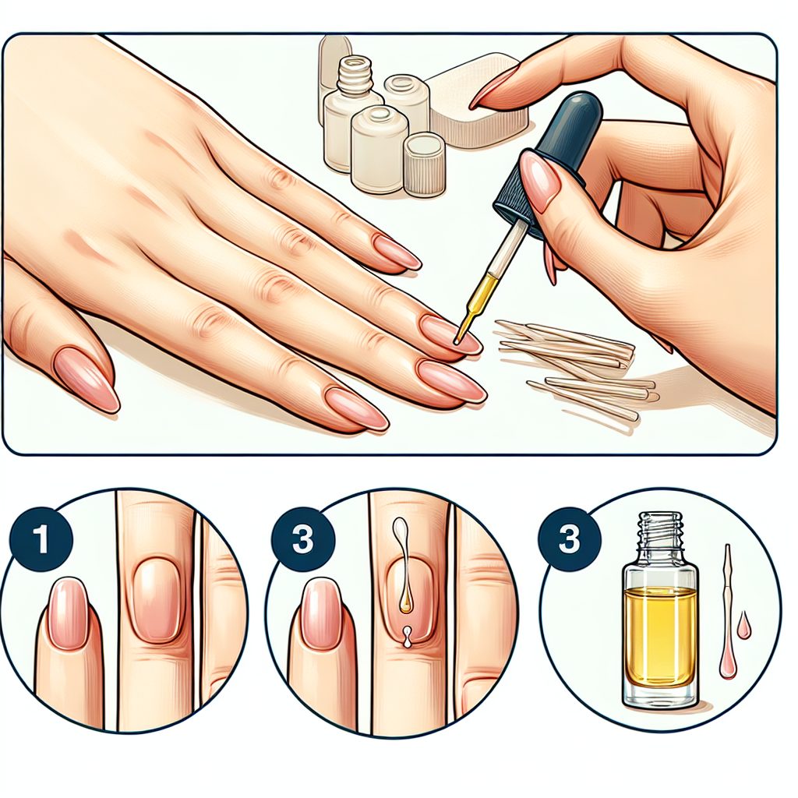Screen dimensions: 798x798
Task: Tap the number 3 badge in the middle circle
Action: [x=302, y=539]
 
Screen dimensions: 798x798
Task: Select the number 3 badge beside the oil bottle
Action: [x=569, y=539]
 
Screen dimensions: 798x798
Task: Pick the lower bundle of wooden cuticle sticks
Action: [x=591, y=397]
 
